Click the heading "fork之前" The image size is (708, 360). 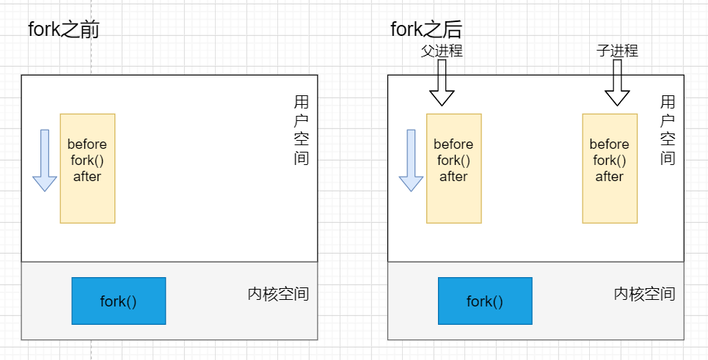[x=64, y=30]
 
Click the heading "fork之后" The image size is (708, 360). [x=426, y=30]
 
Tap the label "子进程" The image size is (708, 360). [x=617, y=51]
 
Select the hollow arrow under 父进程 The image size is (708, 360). [x=442, y=82]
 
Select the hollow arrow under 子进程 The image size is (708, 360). [x=617, y=82]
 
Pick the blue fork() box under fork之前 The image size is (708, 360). [x=119, y=301]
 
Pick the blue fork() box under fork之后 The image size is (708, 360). [x=485, y=301]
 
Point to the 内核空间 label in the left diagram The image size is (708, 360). [x=278, y=295]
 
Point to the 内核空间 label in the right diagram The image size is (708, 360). [x=644, y=295]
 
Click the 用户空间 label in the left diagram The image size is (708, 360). [x=301, y=130]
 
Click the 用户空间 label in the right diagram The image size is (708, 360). [x=667, y=130]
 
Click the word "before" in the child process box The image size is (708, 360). [x=610, y=144]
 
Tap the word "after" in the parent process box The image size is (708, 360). [x=453, y=177]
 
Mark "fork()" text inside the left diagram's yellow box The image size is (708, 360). [x=87, y=161]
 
